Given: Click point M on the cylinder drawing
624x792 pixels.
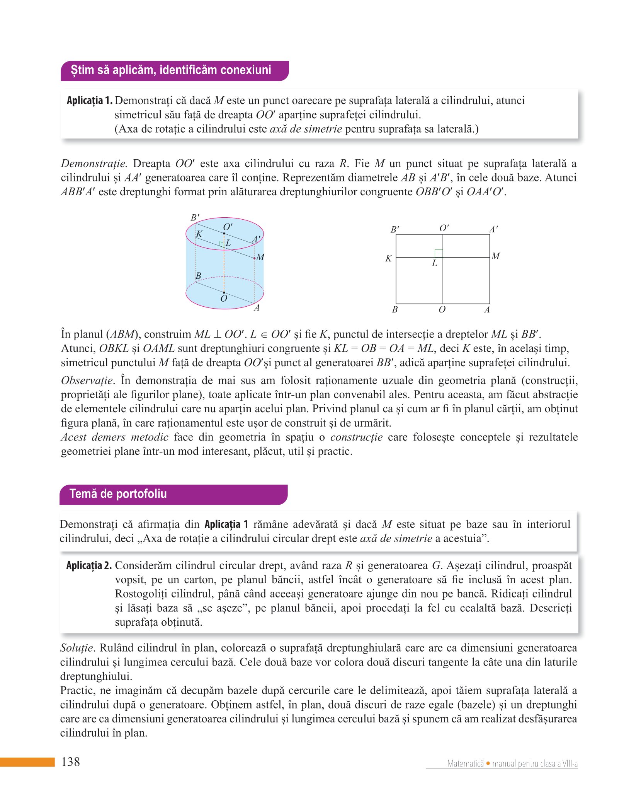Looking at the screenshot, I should [254, 258].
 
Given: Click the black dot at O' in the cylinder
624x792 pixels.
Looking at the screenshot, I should [224, 234].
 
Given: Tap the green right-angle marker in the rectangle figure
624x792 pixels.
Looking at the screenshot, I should [439, 254].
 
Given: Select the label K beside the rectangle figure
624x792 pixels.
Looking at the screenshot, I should [388, 258].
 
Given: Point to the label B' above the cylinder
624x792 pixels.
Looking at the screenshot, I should [195, 218].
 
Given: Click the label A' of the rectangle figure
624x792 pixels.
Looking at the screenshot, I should [493, 229].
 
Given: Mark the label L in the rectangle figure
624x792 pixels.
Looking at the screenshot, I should [435, 263].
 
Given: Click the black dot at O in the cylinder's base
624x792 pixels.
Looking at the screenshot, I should [224, 293].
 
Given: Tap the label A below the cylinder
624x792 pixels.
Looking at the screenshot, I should [257, 308].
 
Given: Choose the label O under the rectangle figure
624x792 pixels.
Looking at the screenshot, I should [442, 310].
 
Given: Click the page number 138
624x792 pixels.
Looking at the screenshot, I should [71, 762].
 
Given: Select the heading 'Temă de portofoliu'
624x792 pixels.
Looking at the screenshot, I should [118, 494].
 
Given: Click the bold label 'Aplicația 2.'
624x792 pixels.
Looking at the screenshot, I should [89, 566].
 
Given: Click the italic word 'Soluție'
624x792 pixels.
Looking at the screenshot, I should [77, 648].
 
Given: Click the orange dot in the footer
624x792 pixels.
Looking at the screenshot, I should [488, 763].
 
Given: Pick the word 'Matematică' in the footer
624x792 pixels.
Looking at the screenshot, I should [465, 764].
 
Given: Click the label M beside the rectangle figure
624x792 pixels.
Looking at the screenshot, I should [496, 256].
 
